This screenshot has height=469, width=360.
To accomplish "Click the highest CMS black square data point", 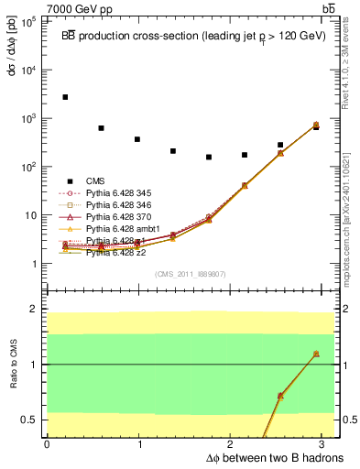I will click(x=65, y=97).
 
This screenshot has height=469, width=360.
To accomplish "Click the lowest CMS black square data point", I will click(x=209, y=157).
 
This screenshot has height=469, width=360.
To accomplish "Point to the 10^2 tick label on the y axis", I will click(x=30, y=167).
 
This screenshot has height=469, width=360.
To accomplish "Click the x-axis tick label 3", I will click(x=326, y=444).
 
